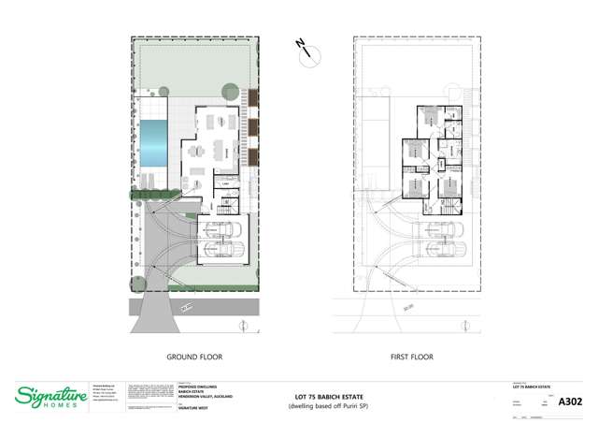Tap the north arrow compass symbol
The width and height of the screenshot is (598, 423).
[306, 52]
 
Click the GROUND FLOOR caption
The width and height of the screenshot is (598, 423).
[194, 357]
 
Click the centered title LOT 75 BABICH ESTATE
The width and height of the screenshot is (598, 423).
[329, 398]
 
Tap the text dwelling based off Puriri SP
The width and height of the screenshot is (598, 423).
[329, 407]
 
